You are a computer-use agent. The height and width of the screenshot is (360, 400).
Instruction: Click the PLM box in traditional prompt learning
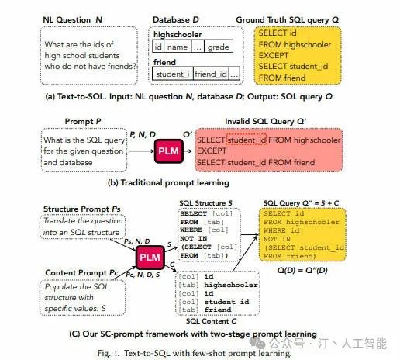tap(169, 151)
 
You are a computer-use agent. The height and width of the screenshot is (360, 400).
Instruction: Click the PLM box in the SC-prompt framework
tap(150, 258)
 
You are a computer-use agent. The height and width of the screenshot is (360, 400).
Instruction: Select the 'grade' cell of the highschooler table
tap(219, 47)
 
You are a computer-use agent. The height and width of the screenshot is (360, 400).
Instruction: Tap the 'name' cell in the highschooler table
tap(178, 47)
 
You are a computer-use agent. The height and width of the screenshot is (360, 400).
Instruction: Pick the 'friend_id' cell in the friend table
tap(211, 74)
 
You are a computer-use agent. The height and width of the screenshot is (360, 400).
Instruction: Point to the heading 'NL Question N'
tap(73, 19)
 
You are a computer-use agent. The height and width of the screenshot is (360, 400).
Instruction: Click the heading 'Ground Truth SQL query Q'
tap(287, 19)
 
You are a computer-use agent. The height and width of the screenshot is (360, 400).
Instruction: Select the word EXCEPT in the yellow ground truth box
tap(274, 56)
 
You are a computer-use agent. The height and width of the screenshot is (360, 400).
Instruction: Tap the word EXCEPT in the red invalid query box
tap(212, 151)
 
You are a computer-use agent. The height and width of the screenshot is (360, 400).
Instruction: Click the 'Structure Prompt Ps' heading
tap(82, 209)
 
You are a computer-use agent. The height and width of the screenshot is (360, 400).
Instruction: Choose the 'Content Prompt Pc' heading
tap(81, 272)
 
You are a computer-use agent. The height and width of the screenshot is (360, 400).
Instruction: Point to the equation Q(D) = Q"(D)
tap(302, 270)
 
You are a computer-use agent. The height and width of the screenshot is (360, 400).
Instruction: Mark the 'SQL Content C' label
tap(211, 321)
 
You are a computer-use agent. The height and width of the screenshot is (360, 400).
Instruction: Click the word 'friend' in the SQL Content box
tap(218, 310)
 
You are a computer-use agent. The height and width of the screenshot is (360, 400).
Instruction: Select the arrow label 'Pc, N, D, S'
tap(143, 275)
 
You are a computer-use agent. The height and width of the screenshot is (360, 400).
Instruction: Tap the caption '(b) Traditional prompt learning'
tap(168, 182)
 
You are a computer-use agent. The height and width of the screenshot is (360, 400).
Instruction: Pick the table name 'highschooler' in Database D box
tap(178, 34)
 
